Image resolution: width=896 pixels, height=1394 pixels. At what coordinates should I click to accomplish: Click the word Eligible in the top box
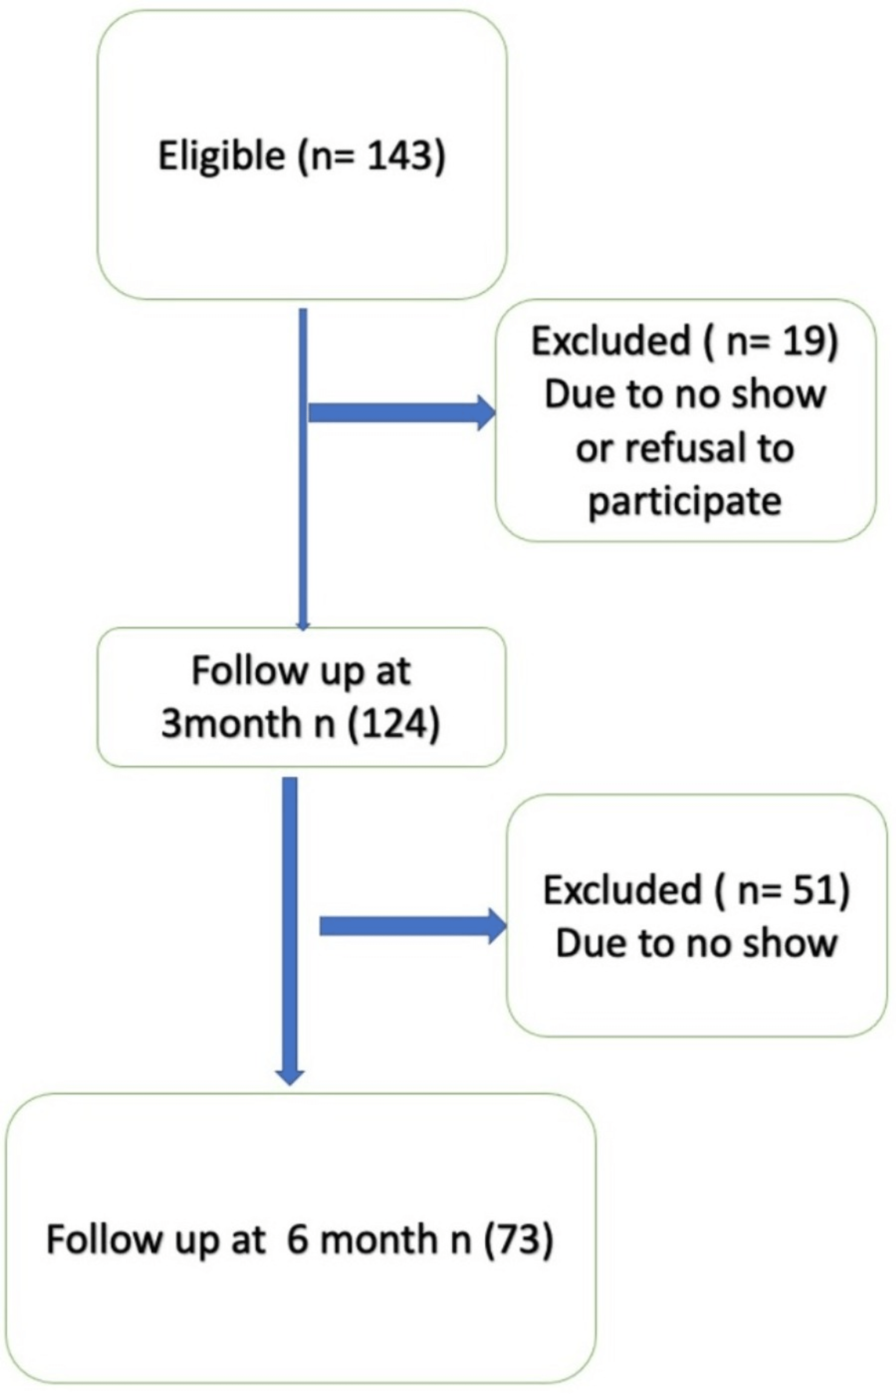point(221,157)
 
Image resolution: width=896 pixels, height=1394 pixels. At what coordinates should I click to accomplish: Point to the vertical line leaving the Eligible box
point(303,465)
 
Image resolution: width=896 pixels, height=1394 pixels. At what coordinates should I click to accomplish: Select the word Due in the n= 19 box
point(573,395)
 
